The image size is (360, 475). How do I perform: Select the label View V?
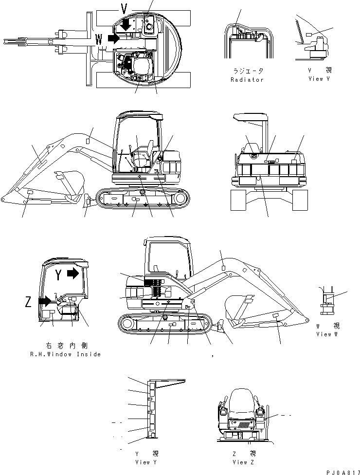(x=319, y=79)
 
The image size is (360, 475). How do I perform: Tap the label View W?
(x=330, y=334)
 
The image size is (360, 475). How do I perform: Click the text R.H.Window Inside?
(x=65, y=354)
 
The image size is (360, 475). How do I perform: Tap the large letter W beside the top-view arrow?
(x=100, y=38)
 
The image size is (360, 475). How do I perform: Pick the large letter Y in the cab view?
(x=57, y=275)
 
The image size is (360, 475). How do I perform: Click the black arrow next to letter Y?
(x=73, y=274)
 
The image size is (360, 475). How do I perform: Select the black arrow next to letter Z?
(x=44, y=300)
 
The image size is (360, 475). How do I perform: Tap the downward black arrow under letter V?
(x=126, y=23)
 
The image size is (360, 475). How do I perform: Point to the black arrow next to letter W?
(x=113, y=38)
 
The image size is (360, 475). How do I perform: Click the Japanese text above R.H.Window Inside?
(x=65, y=345)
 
